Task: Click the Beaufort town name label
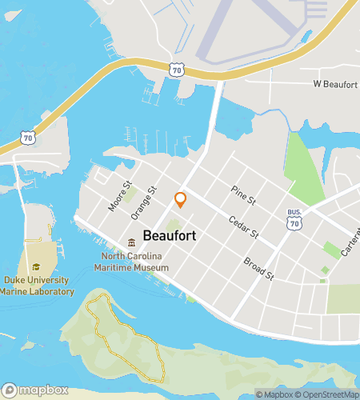[x=172, y=237]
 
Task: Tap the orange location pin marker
[x=181, y=200]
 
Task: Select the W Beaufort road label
[x=334, y=84]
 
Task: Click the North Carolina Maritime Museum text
[x=134, y=262]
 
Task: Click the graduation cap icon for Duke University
[x=35, y=267]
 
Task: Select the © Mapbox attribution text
[x=274, y=394]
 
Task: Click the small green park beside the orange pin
[x=174, y=225]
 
